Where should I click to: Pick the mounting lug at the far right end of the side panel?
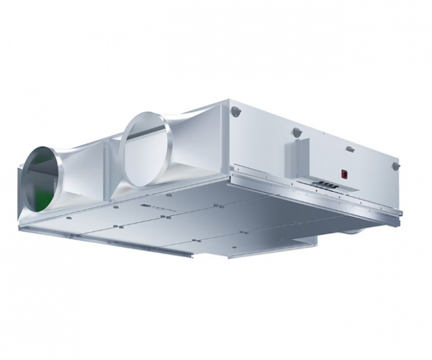[x=396, y=166]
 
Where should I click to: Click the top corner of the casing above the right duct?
[x=227, y=102]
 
